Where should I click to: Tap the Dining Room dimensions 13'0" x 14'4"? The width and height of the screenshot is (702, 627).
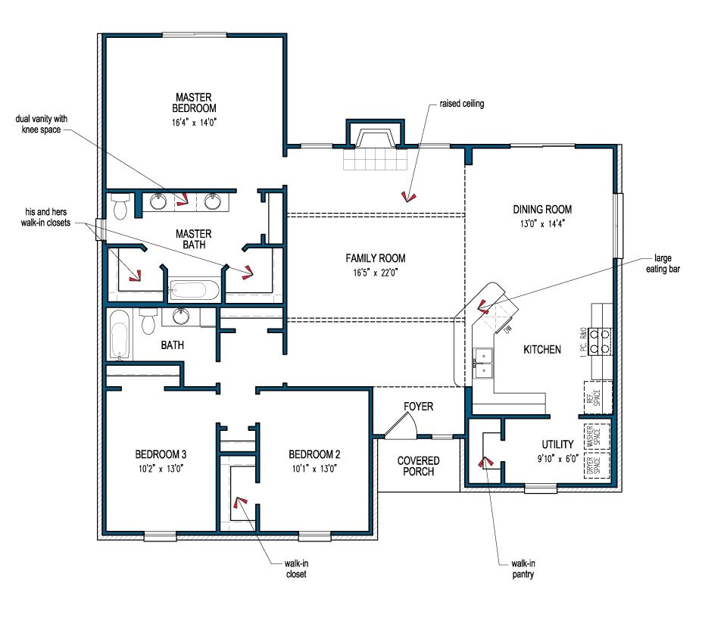[541, 223]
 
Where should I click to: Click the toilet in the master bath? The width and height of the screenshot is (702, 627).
[120, 204]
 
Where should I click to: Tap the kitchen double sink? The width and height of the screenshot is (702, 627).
[482, 362]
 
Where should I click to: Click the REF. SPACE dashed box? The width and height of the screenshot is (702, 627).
[593, 397]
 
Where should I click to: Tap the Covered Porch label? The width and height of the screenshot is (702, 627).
[418, 466]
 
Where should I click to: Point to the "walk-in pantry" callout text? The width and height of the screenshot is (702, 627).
[523, 569]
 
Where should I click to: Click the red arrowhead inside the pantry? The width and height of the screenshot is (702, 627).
[482, 460]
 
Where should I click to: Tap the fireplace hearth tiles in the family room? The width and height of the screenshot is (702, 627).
[376, 160]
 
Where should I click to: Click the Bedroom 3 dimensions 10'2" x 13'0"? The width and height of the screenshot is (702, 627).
[161, 468]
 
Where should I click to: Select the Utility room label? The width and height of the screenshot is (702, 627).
[557, 444]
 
